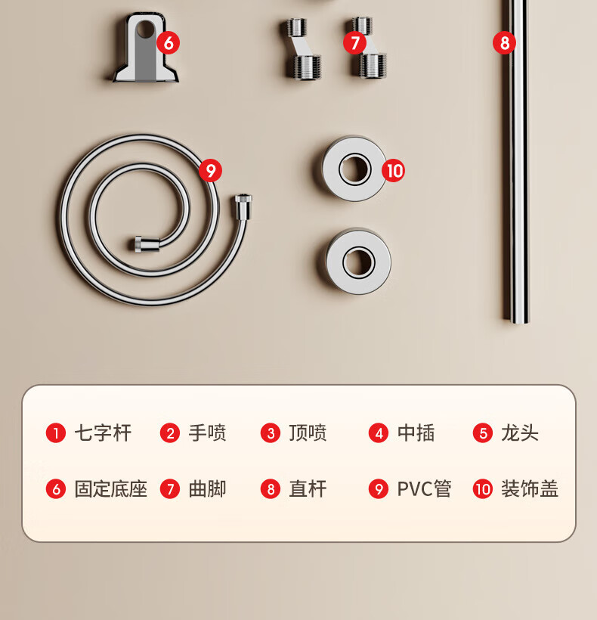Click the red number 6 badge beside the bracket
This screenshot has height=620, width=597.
click(x=169, y=42)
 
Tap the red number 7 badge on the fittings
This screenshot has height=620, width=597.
click(x=355, y=42)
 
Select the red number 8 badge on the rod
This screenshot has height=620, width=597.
click(x=505, y=42)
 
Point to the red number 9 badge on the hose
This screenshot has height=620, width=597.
click(x=210, y=170)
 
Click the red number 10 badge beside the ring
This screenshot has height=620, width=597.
click(x=394, y=170)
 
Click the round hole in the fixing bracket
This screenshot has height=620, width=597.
click(x=145, y=29)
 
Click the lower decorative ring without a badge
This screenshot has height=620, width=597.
click(x=358, y=262)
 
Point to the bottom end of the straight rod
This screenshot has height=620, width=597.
click(x=515, y=321)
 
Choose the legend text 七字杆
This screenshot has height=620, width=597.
click(x=103, y=433)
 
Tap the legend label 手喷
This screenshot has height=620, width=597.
click(x=207, y=433)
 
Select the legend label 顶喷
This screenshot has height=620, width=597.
click(x=308, y=433)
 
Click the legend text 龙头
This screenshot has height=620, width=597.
click(x=520, y=433)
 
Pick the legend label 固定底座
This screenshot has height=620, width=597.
click(x=111, y=489)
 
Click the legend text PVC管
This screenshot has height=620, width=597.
click(x=424, y=489)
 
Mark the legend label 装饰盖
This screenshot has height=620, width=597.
click(x=530, y=489)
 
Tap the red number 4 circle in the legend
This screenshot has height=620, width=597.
click(x=379, y=433)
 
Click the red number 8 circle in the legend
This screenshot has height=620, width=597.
click(x=271, y=489)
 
